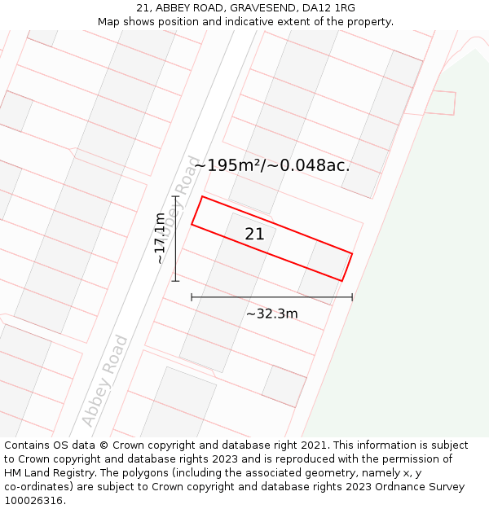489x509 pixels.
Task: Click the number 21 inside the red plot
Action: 254,235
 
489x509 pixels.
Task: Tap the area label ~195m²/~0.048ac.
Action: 272,165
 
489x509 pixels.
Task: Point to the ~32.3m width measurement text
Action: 272,314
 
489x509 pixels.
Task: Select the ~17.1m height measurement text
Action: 161,238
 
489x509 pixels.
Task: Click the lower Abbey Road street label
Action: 105,381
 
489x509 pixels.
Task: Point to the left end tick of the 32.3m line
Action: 192,297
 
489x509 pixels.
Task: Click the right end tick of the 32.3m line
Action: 352,297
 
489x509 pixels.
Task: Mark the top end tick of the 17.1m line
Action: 175,196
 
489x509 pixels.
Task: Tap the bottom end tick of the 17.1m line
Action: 175,281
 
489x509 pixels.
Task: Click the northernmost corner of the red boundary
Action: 203,196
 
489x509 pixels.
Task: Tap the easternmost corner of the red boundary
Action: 352,253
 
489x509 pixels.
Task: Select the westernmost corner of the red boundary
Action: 192,224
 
